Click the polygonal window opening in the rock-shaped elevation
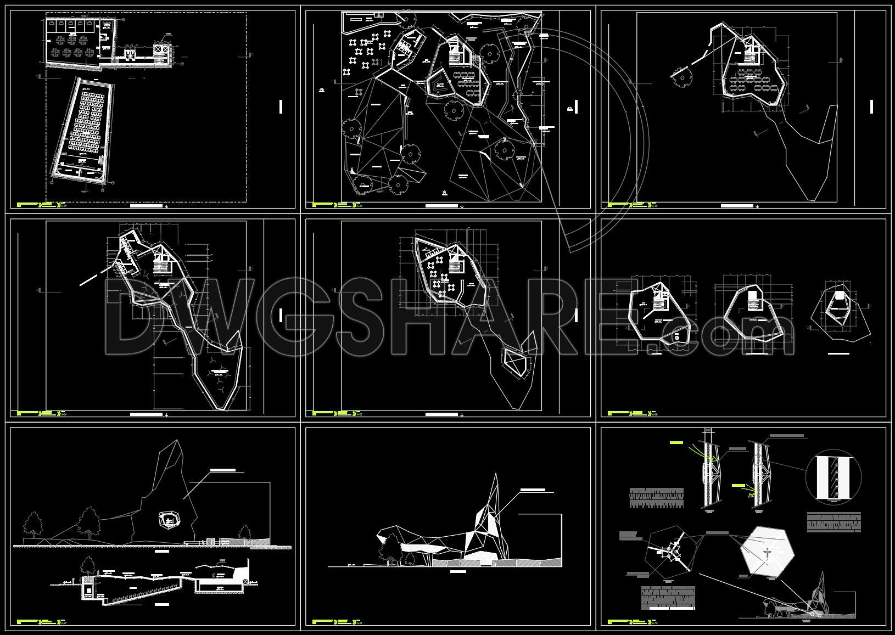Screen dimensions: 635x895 point(169,520)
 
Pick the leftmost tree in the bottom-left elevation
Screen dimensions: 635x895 point(34,524)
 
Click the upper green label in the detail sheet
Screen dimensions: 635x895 point(683,442)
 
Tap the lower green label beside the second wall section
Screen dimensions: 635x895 point(741,486)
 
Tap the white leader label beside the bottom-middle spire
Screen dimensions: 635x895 point(533,489)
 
